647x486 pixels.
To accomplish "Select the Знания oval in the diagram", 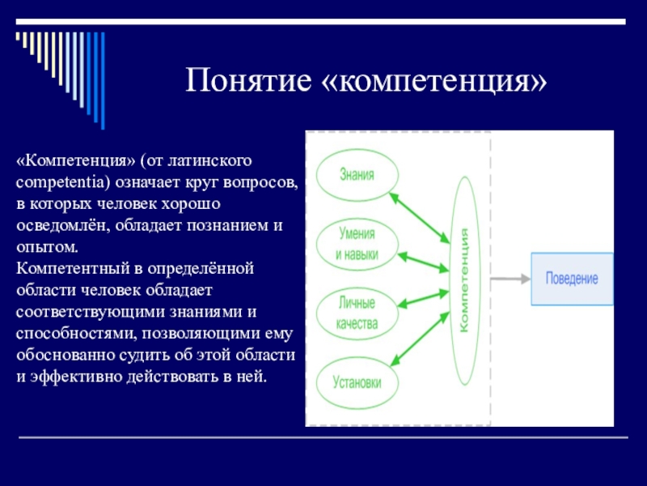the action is tap(356, 173).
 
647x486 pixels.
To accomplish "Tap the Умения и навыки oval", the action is tap(356, 243).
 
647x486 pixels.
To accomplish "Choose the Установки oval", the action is tap(356, 381).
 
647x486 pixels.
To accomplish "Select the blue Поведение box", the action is tap(571, 279).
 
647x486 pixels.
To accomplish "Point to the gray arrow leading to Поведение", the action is tap(510, 279).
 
